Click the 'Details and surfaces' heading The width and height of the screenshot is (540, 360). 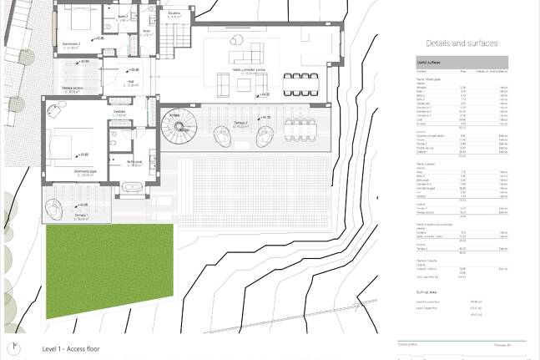[461, 43]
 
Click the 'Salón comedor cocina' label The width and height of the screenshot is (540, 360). [249, 72]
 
